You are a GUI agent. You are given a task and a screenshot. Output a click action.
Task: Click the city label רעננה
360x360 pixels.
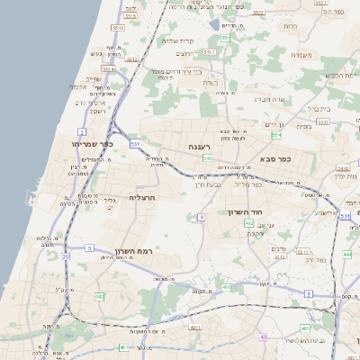[200, 146]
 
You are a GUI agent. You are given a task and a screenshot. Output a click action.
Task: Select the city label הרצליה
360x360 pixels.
[143, 196]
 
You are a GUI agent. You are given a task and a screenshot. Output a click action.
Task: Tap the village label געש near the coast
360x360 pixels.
[96, 54]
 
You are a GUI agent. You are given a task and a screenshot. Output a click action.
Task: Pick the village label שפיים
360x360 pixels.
[92, 77]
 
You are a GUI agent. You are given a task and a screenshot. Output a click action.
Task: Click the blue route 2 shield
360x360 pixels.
[82, 132]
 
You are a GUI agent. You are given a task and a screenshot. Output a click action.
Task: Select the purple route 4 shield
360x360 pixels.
[202, 217]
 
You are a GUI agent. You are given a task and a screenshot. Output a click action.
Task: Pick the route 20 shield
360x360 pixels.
[66, 256]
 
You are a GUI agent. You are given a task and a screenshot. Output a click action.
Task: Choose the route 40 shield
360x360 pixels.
[264, 337]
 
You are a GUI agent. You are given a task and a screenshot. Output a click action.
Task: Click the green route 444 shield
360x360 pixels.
[346, 255]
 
